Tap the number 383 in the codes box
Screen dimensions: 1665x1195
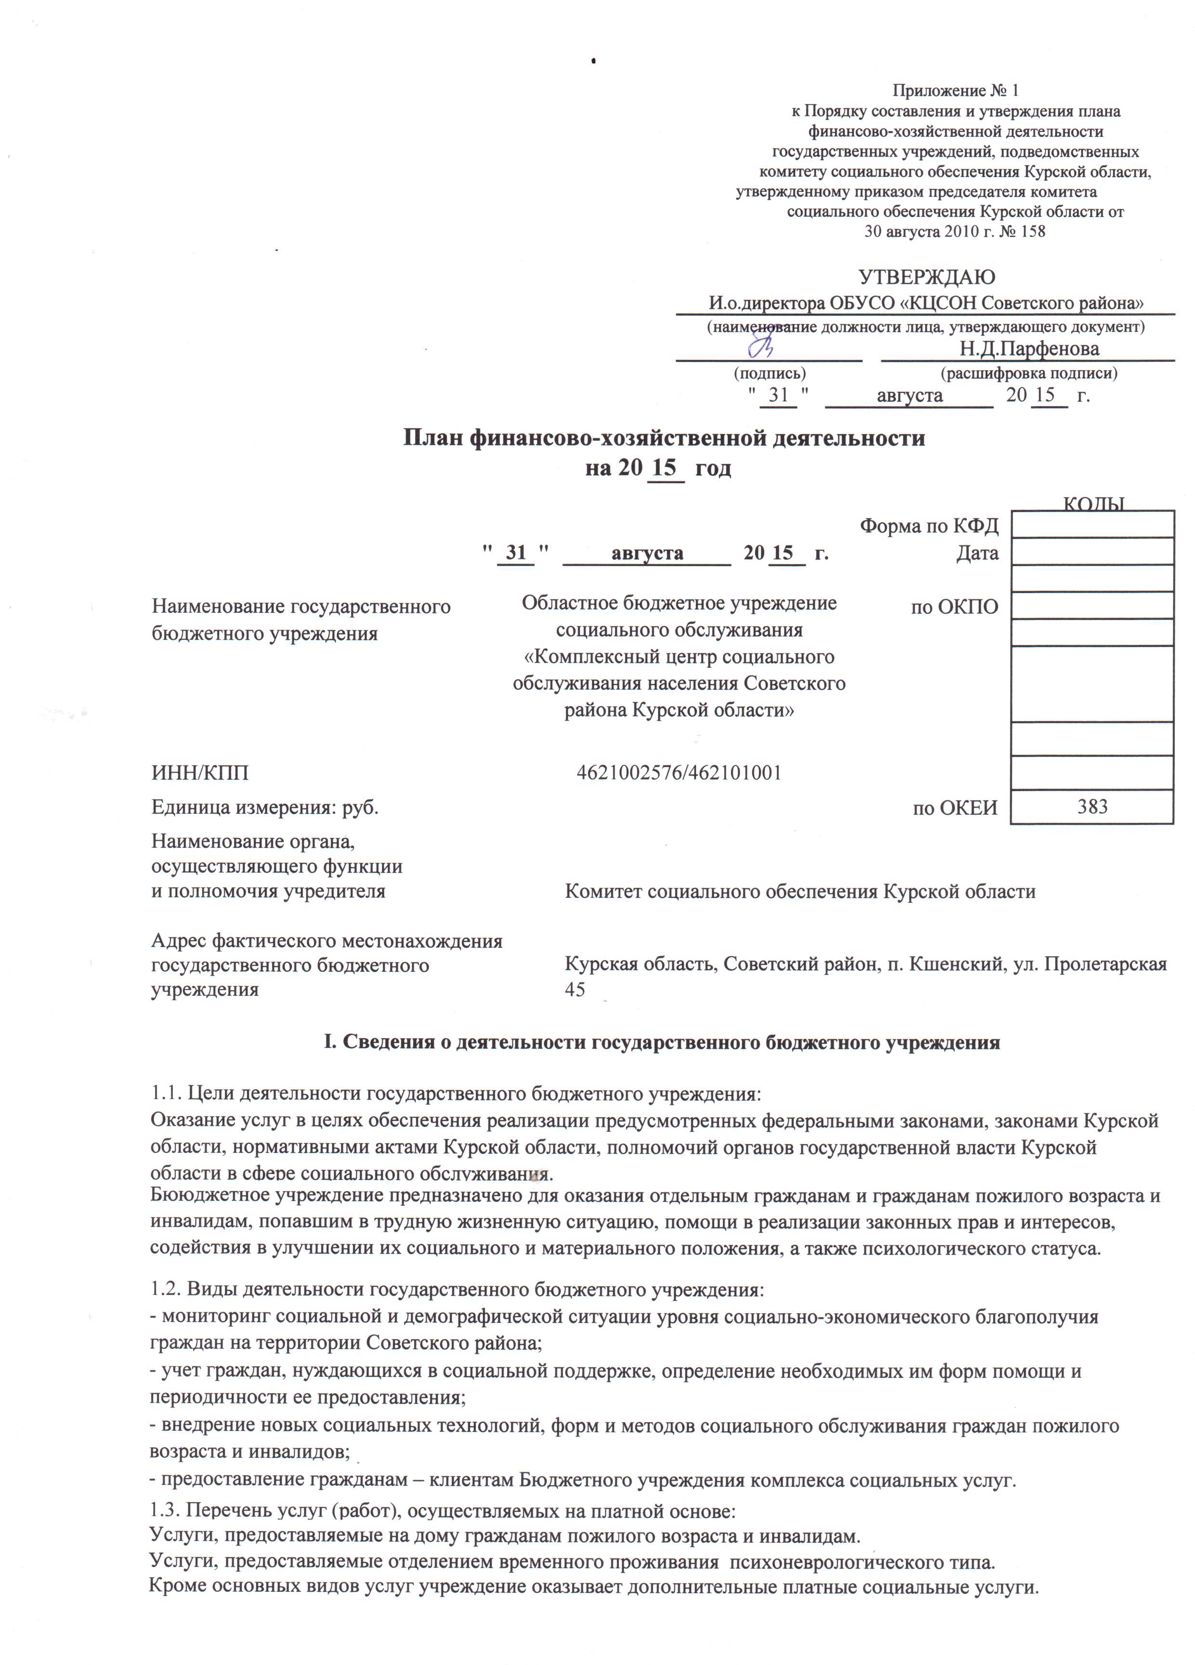coord(1091,807)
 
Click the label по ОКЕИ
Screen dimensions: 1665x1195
coord(954,808)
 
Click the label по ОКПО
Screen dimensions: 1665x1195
coord(954,607)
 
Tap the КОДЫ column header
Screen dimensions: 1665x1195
coord(1094,503)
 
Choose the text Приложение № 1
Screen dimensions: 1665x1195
coord(956,91)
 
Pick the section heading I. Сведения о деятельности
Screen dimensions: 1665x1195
coord(662,1043)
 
